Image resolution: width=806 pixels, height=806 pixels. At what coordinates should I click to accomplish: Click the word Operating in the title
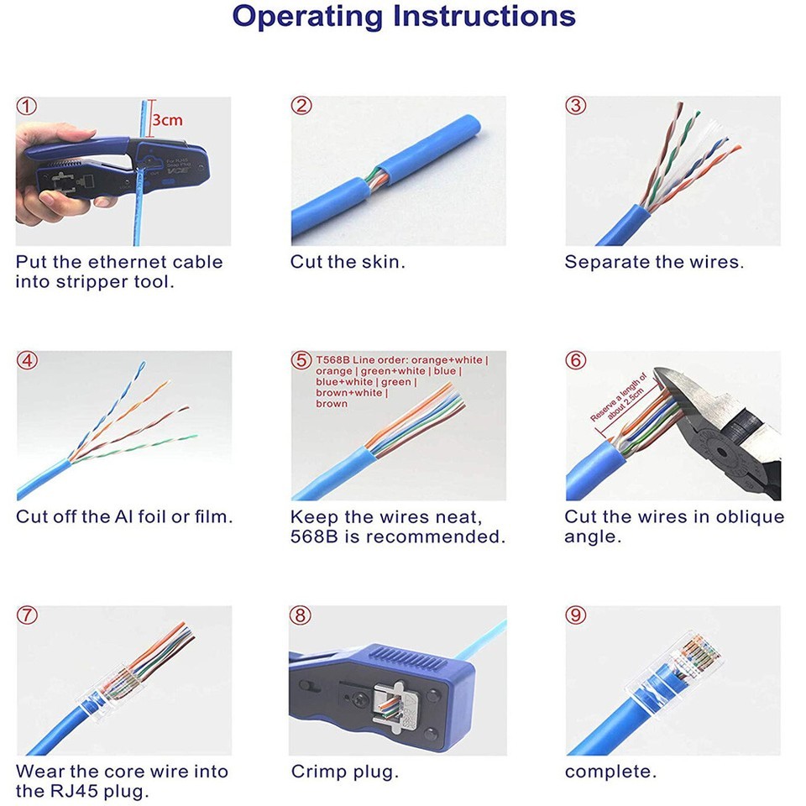pos(307,17)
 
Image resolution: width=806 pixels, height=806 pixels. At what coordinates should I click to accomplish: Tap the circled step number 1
pos(27,107)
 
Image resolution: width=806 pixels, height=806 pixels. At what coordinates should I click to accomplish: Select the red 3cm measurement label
pos(167,120)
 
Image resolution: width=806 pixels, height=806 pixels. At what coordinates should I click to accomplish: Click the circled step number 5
pos(301,360)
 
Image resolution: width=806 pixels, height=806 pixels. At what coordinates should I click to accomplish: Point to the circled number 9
pos(576,615)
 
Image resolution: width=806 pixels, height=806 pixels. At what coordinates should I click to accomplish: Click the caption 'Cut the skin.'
pos(348,262)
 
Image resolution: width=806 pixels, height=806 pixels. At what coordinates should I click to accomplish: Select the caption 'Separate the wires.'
pos(654,262)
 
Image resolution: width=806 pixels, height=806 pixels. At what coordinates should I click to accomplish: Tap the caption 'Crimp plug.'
pos(344,771)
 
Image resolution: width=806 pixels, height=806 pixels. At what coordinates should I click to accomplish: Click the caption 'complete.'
pos(610,771)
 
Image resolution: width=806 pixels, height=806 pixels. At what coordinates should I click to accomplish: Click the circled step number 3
pos(576,106)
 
